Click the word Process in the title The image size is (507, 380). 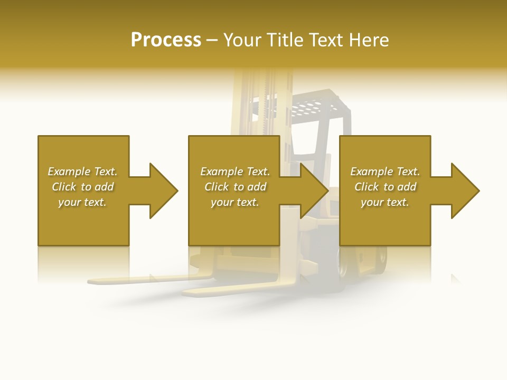(166, 40)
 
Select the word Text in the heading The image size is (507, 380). (325, 40)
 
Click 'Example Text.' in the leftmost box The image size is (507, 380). (82, 172)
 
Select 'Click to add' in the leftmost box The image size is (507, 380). (82, 187)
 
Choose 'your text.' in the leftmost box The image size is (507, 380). (82, 202)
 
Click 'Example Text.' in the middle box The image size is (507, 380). (235, 172)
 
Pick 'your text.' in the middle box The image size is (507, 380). (235, 202)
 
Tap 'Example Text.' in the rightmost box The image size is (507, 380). (385, 172)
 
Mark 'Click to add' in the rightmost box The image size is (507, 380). (385, 187)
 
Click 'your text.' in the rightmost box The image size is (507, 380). (385, 202)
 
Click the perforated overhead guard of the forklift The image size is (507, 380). (312, 109)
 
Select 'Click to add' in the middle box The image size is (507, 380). (235, 187)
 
